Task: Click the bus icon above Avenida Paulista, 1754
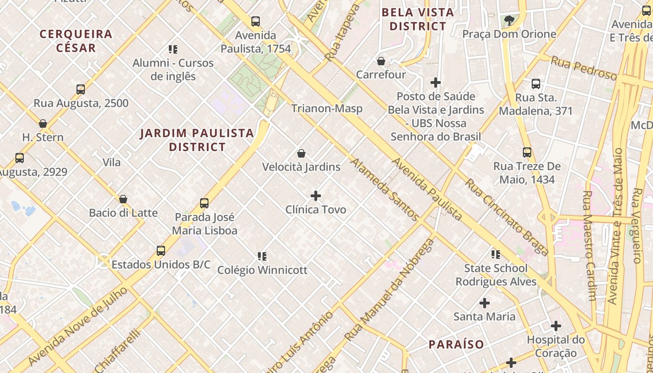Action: pyautogui.click(x=255, y=21)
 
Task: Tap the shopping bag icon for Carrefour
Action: pyautogui.click(x=381, y=61)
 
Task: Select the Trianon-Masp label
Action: pyautogui.click(x=326, y=109)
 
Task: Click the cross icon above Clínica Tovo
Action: pyautogui.click(x=316, y=196)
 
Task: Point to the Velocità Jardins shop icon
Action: pyautogui.click(x=301, y=153)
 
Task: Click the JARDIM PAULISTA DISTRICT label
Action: pyautogui.click(x=197, y=140)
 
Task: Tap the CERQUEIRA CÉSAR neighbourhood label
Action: pyautogui.click(x=76, y=41)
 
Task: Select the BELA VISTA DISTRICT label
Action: pyautogui.click(x=418, y=19)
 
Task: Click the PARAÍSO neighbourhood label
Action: pyautogui.click(x=456, y=345)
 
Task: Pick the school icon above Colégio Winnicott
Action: pyautogui.click(x=262, y=256)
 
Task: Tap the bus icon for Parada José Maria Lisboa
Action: pyautogui.click(x=204, y=203)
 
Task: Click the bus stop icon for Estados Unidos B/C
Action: pyautogui.click(x=161, y=251)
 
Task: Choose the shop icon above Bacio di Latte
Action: pyautogui.click(x=123, y=200)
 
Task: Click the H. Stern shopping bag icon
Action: pyautogui.click(x=43, y=124)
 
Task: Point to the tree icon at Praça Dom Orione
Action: pyautogui.click(x=509, y=20)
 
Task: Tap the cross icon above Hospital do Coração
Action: pyautogui.click(x=556, y=326)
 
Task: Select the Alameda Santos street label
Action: pyautogui.click(x=384, y=189)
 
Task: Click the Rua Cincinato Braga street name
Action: pyautogui.click(x=507, y=217)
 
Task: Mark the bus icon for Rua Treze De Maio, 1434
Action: pyautogui.click(x=527, y=152)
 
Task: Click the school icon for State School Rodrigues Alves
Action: pyautogui.click(x=496, y=255)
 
